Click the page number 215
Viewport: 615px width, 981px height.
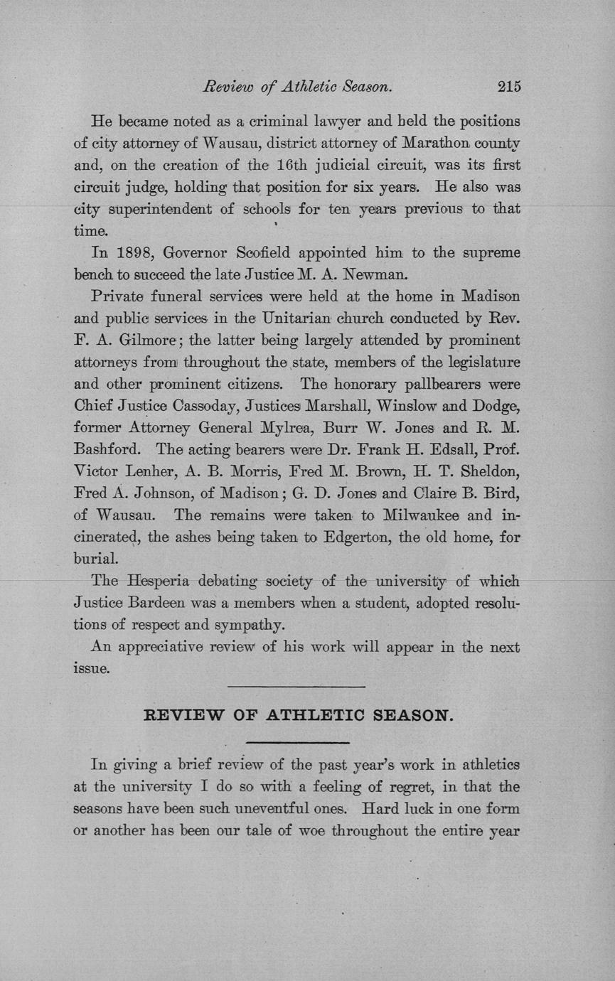[x=510, y=87]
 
